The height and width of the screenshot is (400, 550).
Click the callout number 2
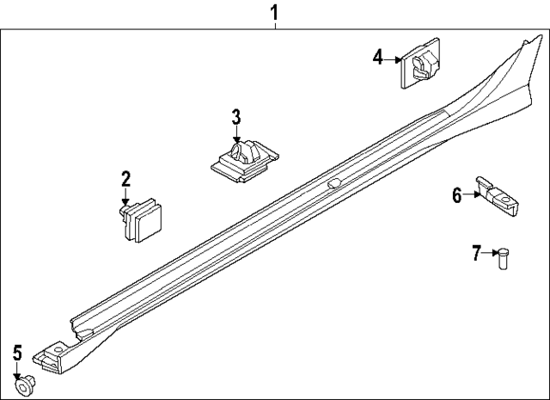point(126,179)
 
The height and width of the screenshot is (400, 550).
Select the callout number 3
point(236,117)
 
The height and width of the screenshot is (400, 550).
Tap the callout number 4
point(378,58)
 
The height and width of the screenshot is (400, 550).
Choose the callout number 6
point(457,195)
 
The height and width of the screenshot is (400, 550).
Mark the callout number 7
point(476,253)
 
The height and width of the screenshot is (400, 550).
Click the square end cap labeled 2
point(139,220)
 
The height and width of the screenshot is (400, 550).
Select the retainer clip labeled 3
point(245,161)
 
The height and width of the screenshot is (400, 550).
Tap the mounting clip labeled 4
point(420,63)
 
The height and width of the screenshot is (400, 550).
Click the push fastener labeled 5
point(25,386)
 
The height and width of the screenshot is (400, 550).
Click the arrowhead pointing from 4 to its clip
point(398,59)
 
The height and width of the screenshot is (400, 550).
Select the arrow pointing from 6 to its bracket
point(471,194)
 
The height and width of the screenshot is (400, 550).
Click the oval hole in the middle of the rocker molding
point(334,183)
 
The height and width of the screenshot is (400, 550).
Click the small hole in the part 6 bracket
point(504,200)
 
